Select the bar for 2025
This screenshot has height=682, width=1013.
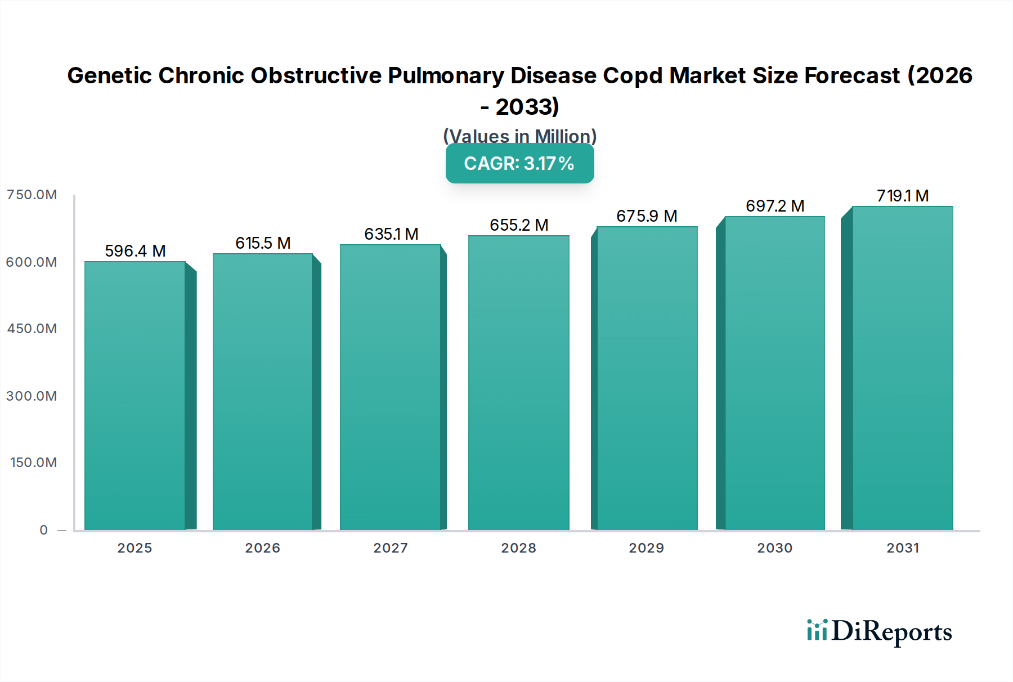point(135,396)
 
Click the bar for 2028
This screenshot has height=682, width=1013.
point(518,383)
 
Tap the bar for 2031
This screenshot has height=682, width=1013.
point(902,368)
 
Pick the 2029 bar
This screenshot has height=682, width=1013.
point(647,378)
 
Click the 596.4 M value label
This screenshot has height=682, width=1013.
point(135,251)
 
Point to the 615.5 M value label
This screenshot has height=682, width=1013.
point(263,243)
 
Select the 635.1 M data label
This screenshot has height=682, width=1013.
point(391,234)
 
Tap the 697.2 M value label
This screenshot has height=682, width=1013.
point(775,206)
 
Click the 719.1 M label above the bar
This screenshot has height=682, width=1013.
point(903,196)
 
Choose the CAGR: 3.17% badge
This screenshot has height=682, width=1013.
point(519,163)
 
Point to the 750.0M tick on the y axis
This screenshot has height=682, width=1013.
point(32,195)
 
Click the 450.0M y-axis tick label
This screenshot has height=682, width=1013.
point(32,329)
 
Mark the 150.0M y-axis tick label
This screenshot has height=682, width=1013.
point(33,463)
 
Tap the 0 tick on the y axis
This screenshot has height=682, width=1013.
point(43,530)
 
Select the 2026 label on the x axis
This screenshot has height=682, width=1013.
point(262,548)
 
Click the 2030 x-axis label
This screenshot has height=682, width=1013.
point(774,548)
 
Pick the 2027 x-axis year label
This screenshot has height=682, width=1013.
point(391,548)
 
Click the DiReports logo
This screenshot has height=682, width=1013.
point(879,631)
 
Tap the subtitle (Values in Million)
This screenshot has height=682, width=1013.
point(519,136)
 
